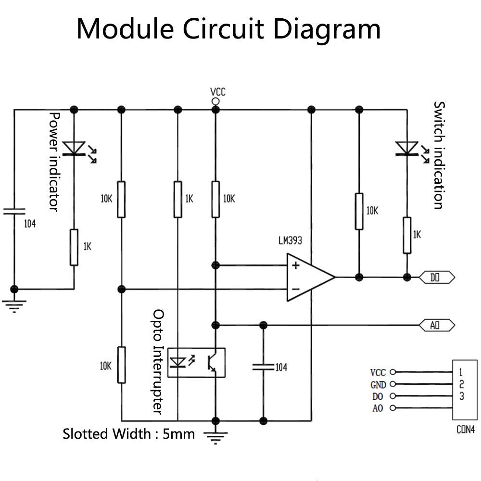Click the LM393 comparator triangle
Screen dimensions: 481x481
coord(308,278)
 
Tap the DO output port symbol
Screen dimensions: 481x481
coord(437,277)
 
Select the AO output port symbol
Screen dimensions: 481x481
coord(437,326)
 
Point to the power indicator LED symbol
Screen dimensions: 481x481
coord(75,150)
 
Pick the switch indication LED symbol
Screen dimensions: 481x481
coord(407,149)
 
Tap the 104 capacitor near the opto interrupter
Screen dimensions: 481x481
coord(263,367)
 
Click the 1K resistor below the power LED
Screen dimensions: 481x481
coord(74,247)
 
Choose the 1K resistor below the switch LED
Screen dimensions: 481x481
coord(407,235)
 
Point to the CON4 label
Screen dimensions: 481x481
coord(465,430)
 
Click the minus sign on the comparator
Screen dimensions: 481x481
coord(295,290)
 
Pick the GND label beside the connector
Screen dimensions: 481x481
coord(378,384)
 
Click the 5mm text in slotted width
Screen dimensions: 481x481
coord(179,434)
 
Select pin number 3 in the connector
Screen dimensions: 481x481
coord(461,396)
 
